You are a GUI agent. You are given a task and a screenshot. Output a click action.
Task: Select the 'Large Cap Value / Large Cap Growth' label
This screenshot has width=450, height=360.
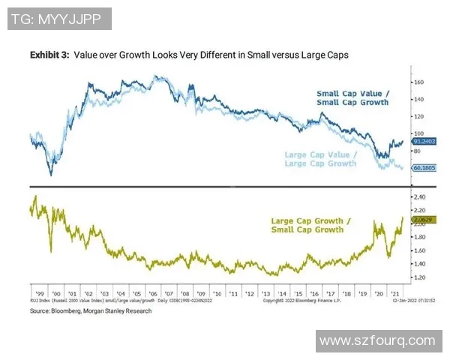point(320,159)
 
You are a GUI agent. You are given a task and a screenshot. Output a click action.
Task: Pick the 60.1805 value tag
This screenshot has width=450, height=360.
point(418,168)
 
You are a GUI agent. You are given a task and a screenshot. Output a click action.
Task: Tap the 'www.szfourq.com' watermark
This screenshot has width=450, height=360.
point(377,341)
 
